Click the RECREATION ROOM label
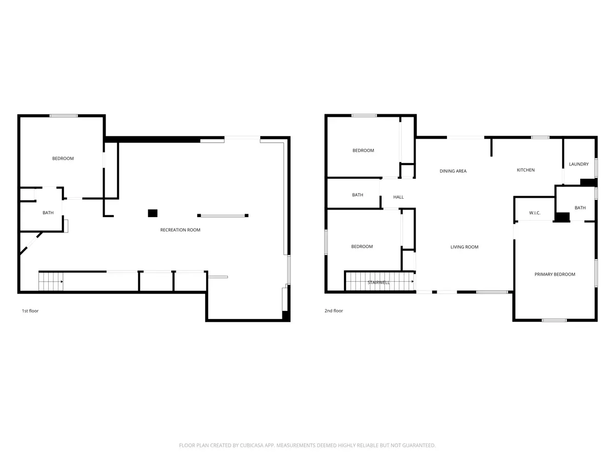pos(180,230)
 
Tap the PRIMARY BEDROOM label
pos(555,275)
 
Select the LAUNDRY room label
pos(579,164)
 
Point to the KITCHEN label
pos(526,170)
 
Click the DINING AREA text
pos(453,171)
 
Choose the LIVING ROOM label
pos(464,247)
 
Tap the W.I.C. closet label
pos(535,213)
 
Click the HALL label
pos(398,197)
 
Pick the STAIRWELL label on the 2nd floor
pos(379,282)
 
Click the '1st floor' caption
pos(30,311)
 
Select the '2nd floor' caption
pos(334,311)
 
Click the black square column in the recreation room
pos(153,213)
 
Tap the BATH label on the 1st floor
pos(48,213)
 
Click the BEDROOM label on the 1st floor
pos(63,158)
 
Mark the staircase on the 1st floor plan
pos(51,282)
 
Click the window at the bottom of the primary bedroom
pos(554,320)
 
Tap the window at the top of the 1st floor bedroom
pos(64,116)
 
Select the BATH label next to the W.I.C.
pos(580,207)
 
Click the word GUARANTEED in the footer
pos(419,445)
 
